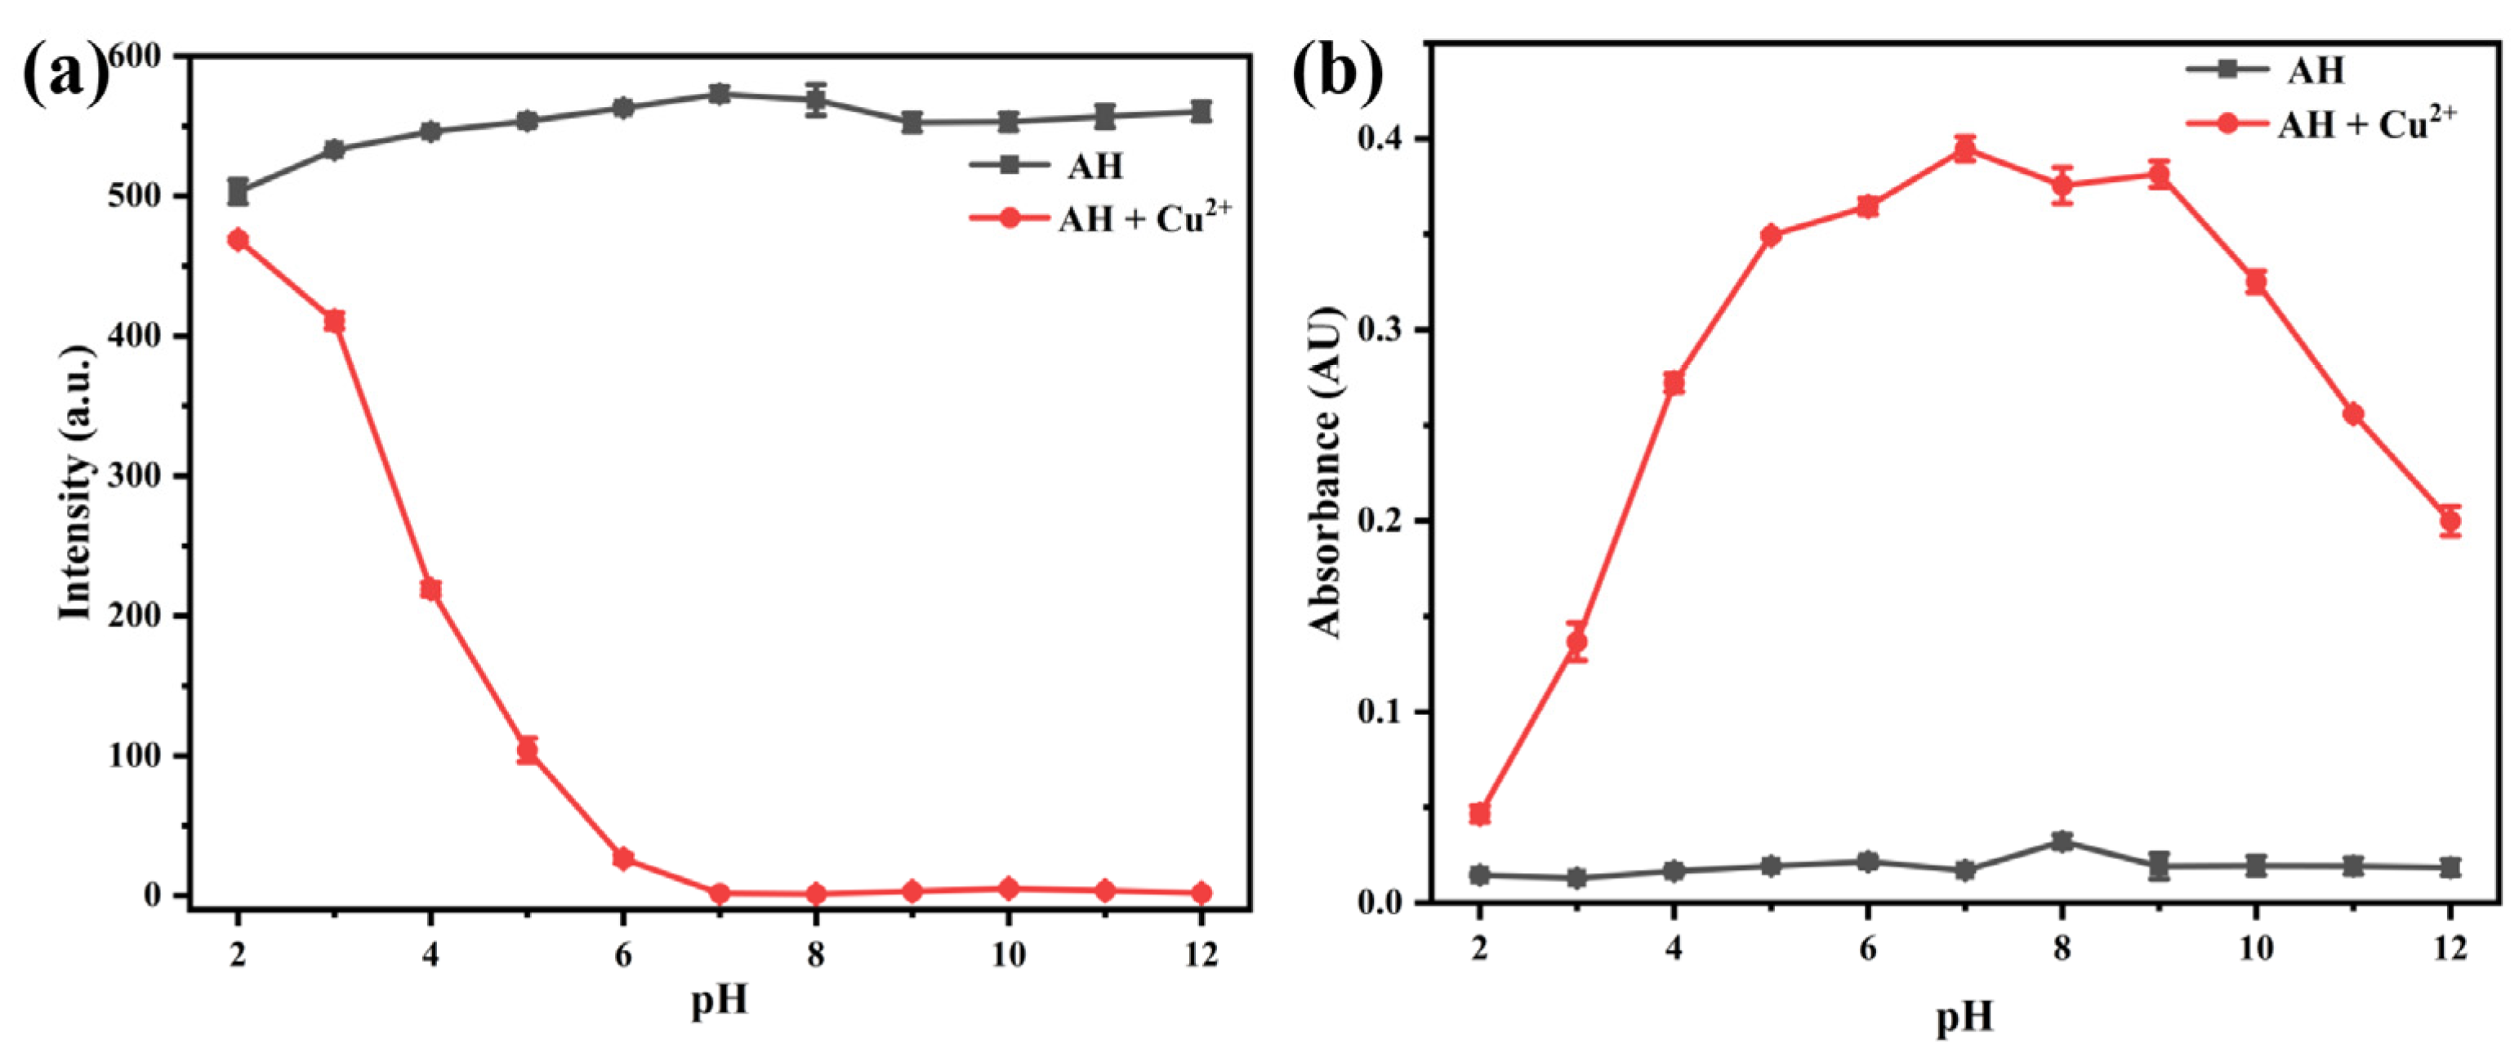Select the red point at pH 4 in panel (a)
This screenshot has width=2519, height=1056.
[x=430, y=590]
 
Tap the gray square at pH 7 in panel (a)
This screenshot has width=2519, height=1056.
[x=720, y=95]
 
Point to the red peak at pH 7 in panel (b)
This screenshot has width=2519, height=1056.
[x=1965, y=149]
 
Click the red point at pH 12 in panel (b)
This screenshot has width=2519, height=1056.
[x=2450, y=521]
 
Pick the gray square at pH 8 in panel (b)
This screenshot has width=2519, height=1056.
[x=2062, y=842]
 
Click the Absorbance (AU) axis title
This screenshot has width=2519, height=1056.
[x=1326, y=472]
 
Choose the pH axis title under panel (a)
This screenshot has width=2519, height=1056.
[x=720, y=1001]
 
